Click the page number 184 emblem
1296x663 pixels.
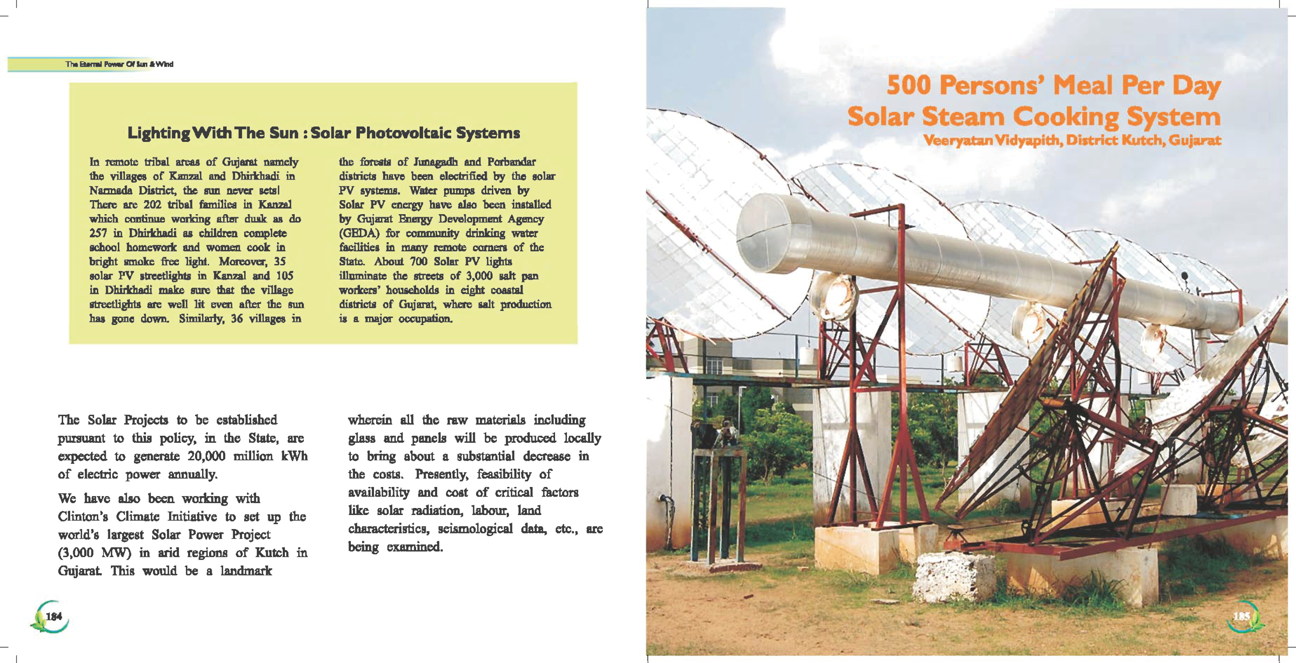coord(50,616)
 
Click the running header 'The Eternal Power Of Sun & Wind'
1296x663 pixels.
coord(119,64)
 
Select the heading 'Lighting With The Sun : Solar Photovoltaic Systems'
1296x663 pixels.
coord(324,133)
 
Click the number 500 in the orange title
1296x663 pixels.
coord(908,85)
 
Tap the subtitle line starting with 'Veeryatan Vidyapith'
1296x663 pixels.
coord(1072,140)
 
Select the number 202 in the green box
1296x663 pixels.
coord(152,205)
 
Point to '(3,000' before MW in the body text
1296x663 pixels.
coord(75,553)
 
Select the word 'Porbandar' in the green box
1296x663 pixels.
coord(512,162)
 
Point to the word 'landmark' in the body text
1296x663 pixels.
coord(246,571)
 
